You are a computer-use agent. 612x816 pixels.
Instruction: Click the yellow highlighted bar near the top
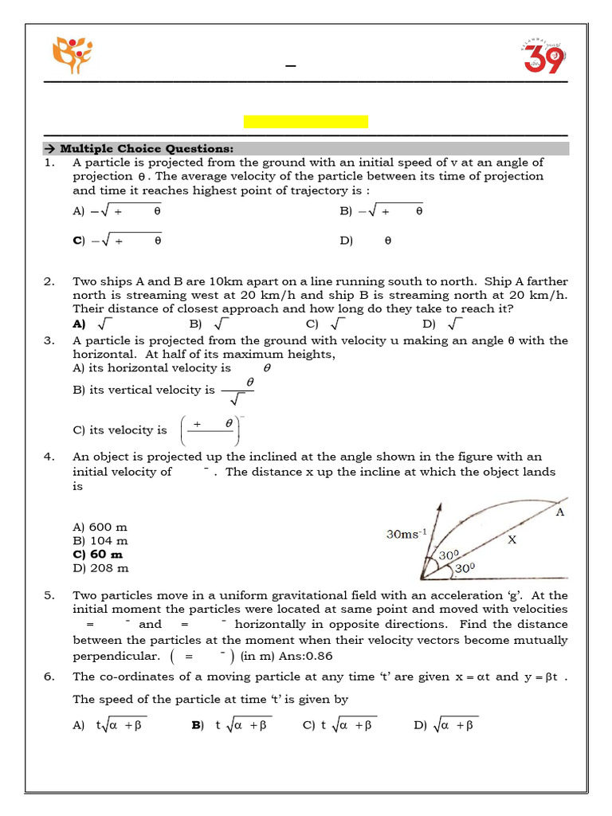(x=305, y=122)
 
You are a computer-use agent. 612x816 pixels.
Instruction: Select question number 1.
(x=49, y=163)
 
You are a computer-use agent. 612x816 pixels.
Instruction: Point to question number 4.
(x=49, y=457)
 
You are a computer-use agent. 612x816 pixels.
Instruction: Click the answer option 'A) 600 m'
(x=100, y=527)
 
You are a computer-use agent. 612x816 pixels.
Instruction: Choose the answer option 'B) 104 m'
(x=100, y=540)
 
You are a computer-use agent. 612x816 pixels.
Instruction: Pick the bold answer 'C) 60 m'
(x=98, y=554)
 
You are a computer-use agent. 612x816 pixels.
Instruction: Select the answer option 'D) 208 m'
(x=100, y=568)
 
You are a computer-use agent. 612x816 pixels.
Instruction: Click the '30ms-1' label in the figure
(x=406, y=535)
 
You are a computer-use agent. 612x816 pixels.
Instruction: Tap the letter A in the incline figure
(x=560, y=512)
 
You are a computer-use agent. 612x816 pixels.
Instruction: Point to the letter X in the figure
(x=512, y=539)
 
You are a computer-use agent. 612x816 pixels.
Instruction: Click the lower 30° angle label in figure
(x=465, y=570)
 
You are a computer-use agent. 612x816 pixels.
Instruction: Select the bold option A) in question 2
(x=79, y=324)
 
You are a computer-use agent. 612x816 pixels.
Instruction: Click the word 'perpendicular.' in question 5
(x=115, y=656)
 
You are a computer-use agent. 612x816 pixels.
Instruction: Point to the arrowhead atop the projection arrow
(x=437, y=506)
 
